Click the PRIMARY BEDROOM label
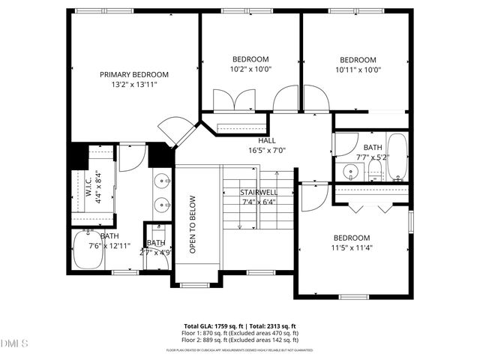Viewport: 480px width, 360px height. click(x=134, y=75)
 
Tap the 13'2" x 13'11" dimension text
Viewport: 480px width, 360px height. click(x=134, y=85)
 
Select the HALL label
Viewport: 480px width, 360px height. click(x=267, y=140)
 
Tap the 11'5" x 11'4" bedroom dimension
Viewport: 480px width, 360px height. click(x=352, y=247)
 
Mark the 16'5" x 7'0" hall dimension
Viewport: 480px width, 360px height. click(x=267, y=150)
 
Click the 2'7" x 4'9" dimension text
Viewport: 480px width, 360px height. click(x=156, y=252)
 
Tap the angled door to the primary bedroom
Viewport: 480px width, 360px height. click(x=178, y=133)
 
